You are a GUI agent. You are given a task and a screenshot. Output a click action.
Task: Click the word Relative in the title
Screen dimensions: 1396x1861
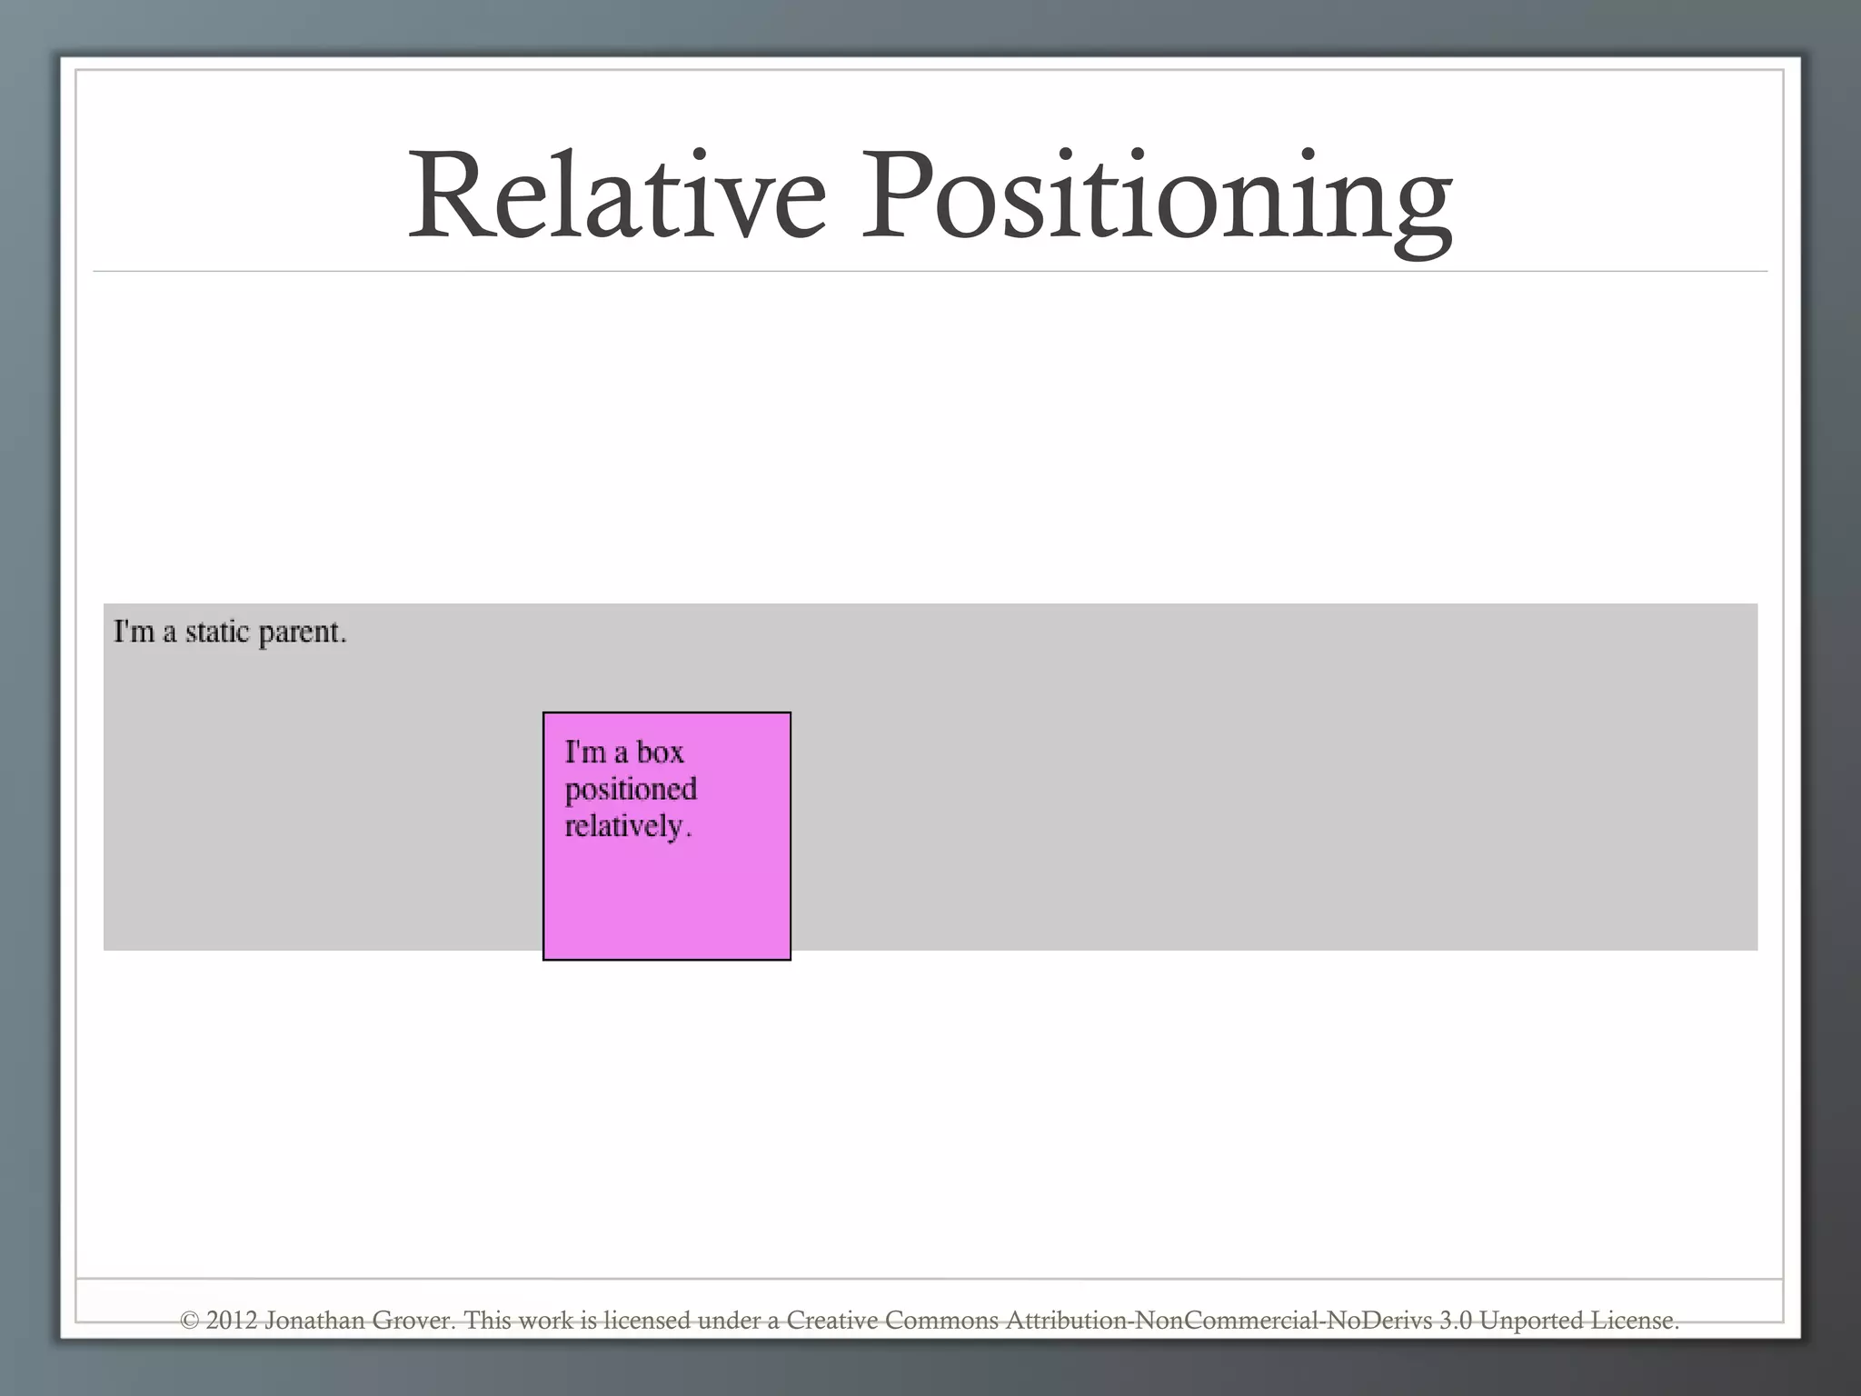pyautogui.click(x=617, y=196)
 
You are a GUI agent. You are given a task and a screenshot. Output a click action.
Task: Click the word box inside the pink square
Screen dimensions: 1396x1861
pyautogui.click(x=660, y=753)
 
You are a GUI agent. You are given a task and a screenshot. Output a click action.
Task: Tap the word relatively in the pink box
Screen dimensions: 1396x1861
pyautogui.click(x=627, y=827)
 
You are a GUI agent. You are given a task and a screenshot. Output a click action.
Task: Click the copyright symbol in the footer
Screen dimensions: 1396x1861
pyautogui.click(x=189, y=1321)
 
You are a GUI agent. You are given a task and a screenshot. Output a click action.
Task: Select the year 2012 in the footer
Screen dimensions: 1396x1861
pyautogui.click(x=232, y=1321)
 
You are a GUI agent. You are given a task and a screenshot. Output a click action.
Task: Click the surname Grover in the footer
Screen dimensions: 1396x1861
pyautogui.click(x=413, y=1321)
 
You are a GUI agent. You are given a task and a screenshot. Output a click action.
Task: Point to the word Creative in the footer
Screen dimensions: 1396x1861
pyautogui.click(x=831, y=1321)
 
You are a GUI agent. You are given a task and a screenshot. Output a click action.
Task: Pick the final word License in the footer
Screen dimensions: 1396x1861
pyautogui.click(x=1634, y=1321)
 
